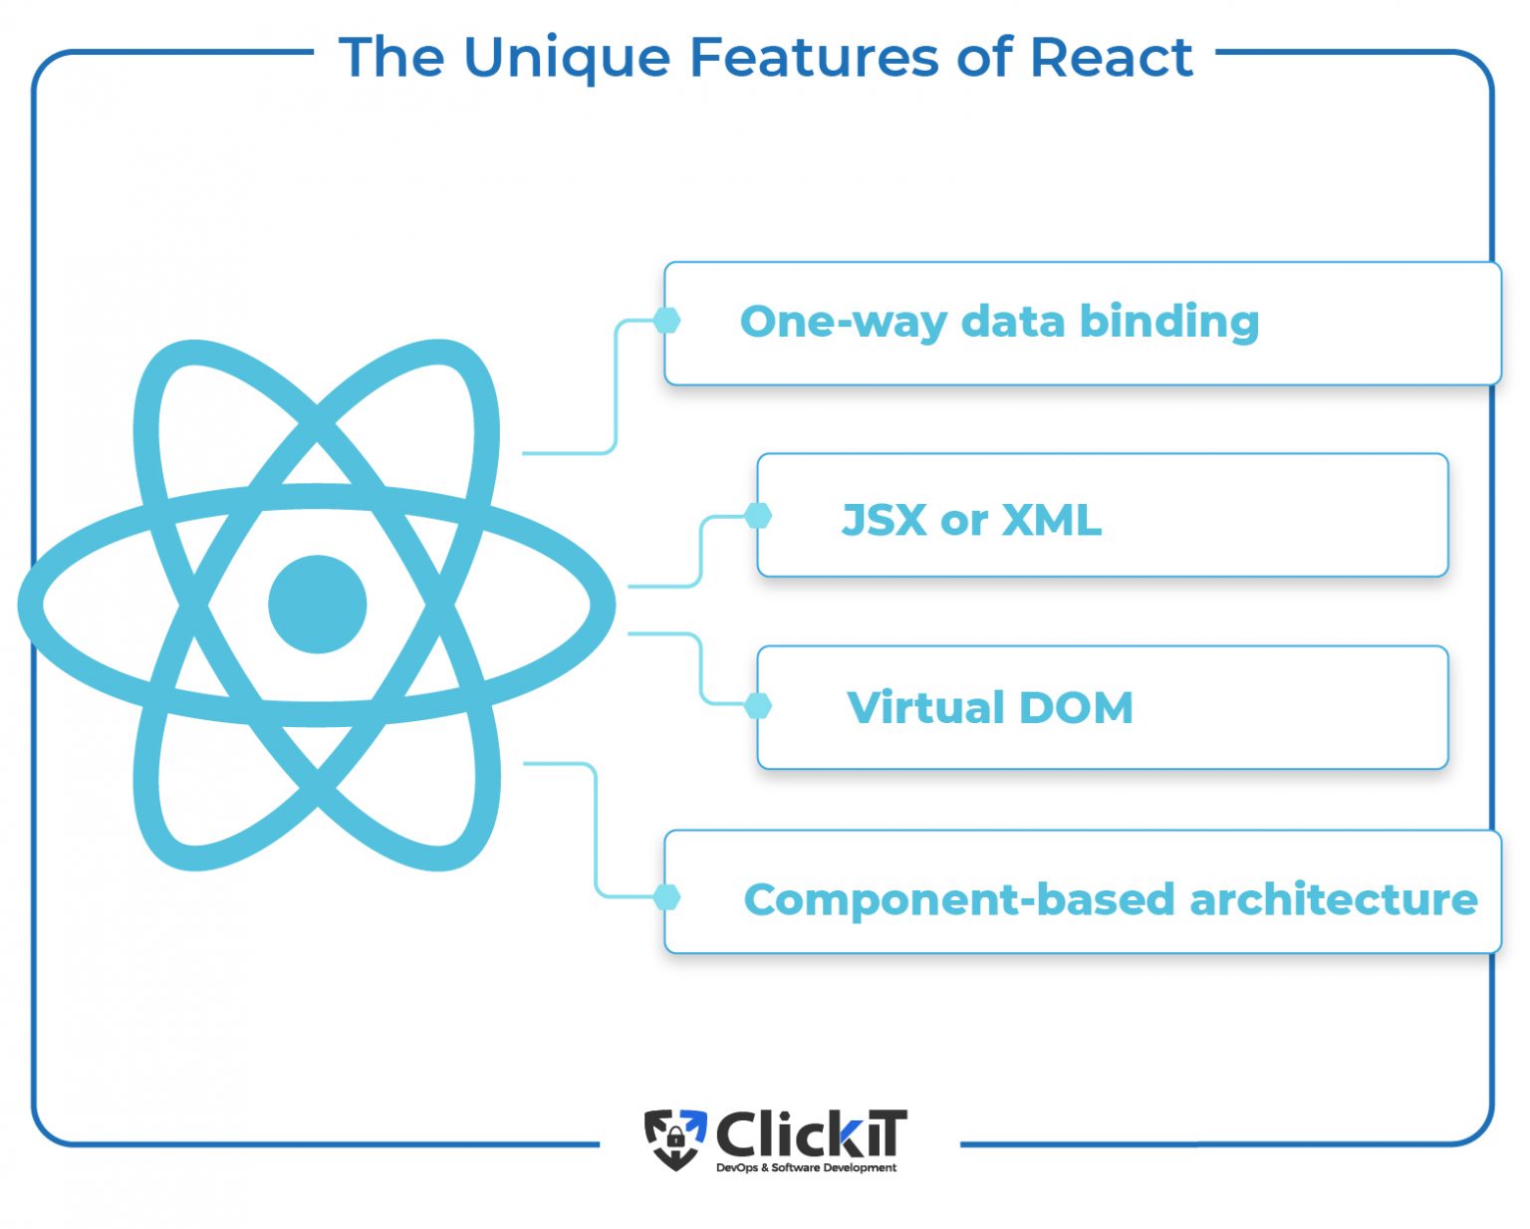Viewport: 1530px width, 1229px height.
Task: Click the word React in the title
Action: point(1112,57)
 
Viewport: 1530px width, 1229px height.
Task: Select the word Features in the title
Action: point(814,57)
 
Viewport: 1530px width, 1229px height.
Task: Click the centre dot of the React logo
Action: point(317,605)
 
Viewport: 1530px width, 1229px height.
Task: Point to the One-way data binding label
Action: point(1000,322)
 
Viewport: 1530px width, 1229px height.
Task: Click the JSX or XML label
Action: point(971,520)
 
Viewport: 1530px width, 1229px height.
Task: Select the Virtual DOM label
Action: point(990,707)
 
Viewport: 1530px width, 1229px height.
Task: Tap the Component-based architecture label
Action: point(1111,900)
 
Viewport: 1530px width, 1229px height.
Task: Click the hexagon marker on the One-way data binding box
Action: point(666,321)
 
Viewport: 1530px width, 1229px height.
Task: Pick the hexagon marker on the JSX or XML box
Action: point(758,515)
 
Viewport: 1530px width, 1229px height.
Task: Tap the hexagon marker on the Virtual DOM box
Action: point(758,706)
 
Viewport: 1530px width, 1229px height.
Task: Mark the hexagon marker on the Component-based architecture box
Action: point(666,897)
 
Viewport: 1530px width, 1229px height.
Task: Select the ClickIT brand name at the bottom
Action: point(811,1133)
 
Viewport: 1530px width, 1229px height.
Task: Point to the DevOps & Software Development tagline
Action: point(806,1168)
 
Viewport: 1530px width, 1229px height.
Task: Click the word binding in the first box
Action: point(1169,322)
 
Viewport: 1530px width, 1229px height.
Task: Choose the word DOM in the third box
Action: point(1075,707)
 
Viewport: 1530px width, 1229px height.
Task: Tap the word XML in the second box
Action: point(1052,520)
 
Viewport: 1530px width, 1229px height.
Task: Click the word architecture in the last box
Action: point(1334,900)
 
